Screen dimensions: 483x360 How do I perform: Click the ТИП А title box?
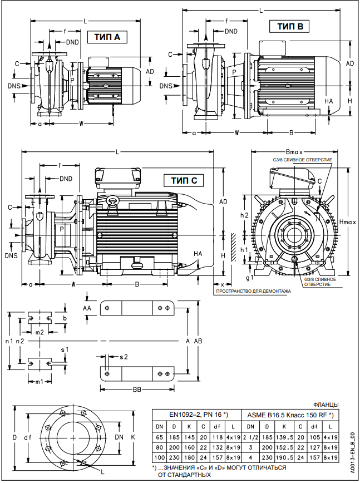(107, 37)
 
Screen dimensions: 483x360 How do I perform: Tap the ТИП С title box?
(184, 180)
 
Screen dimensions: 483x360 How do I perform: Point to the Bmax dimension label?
(293, 152)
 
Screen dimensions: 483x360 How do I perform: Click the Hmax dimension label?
(347, 222)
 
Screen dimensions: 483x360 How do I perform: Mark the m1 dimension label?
(40, 382)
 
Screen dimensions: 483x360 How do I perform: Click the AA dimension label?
(87, 307)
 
